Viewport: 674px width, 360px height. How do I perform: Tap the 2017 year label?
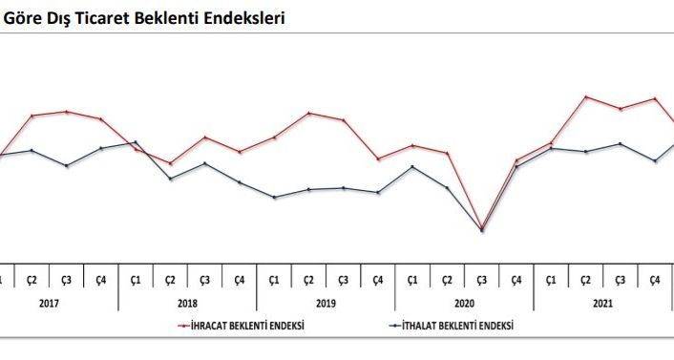click(50, 303)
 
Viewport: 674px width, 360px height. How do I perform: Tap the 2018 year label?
click(188, 303)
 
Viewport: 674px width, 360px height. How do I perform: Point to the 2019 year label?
click(326, 303)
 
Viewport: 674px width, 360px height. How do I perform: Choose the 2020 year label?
click(465, 303)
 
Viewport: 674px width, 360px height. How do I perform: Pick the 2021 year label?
click(603, 303)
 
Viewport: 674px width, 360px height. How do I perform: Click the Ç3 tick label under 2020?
click(482, 280)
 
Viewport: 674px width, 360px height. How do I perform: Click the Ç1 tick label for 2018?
click(136, 280)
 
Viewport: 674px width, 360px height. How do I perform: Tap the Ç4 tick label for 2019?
click(378, 280)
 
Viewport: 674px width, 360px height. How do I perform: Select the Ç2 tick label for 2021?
click(585, 280)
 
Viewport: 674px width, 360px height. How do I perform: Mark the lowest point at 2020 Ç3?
click(482, 230)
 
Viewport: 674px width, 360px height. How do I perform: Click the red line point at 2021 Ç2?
click(586, 96)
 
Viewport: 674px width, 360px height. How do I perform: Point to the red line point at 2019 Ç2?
click(309, 113)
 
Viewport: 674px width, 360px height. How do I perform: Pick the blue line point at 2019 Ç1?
click(274, 198)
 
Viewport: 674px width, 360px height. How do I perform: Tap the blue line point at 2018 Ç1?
click(136, 142)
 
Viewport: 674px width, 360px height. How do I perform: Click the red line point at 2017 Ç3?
click(67, 112)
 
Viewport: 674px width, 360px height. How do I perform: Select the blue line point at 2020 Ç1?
click(412, 166)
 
